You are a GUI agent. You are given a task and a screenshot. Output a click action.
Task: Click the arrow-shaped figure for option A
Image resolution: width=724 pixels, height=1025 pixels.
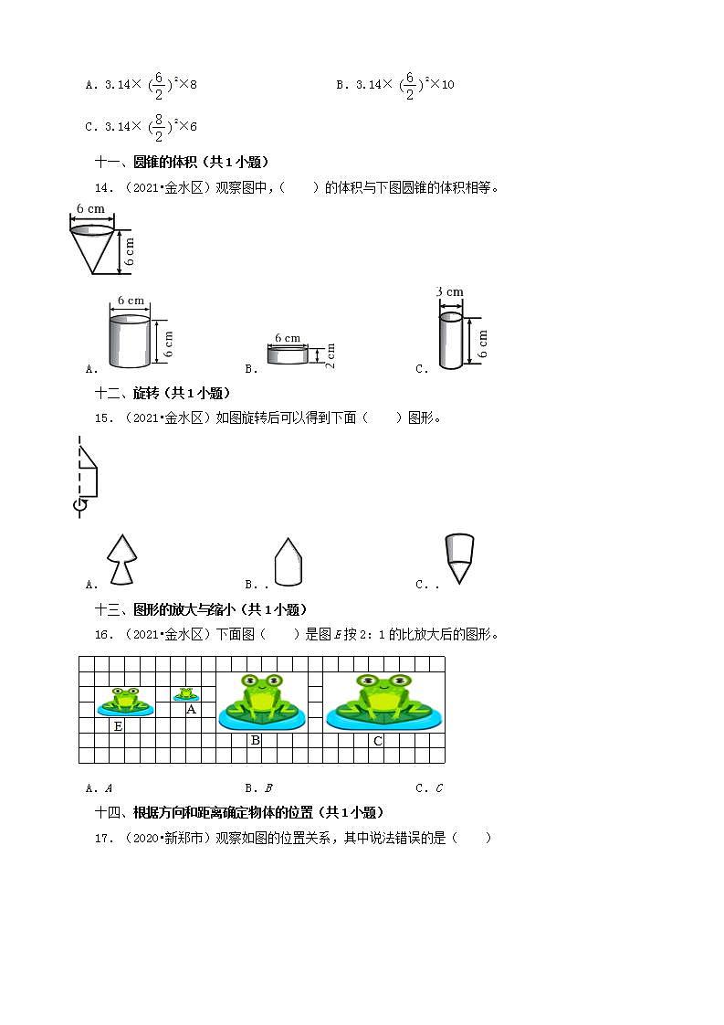click(x=121, y=559)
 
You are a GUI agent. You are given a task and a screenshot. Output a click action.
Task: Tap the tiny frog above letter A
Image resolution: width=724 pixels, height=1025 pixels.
click(x=187, y=695)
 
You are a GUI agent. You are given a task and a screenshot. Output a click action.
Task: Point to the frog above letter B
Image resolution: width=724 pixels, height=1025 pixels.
click(x=261, y=702)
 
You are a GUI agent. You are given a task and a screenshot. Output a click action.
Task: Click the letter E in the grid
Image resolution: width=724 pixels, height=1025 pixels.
click(x=118, y=726)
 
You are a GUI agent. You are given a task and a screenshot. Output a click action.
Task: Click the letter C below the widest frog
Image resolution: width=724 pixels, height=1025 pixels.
click(x=378, y=741)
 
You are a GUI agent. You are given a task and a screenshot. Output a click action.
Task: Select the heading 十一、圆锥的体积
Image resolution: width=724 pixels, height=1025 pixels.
click(x=182, y=162)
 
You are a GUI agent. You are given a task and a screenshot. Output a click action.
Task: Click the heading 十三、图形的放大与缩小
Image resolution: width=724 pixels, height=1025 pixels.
click(x=201, y=609)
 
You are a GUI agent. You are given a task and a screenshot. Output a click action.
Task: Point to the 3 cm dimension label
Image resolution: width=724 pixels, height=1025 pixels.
click(x=449, y=292)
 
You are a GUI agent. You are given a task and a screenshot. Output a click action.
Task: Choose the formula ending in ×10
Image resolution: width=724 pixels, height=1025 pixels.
click(x=395, y=85)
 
